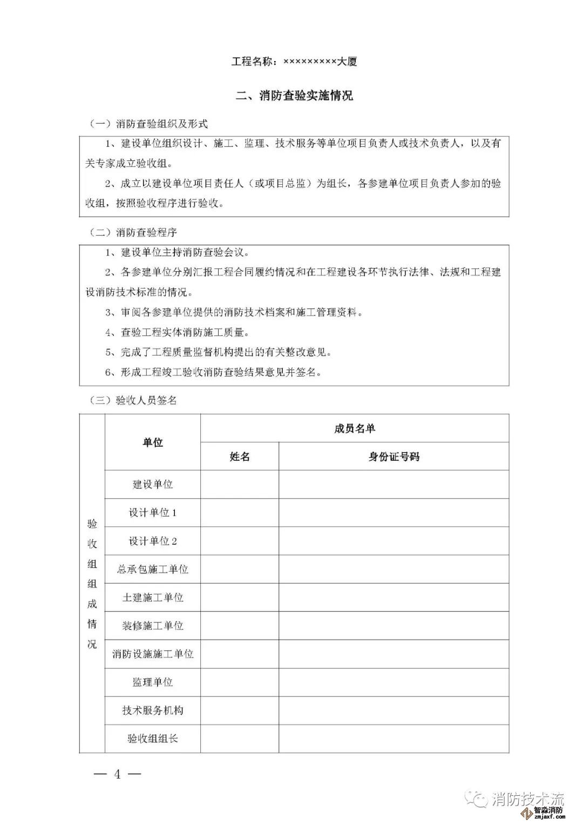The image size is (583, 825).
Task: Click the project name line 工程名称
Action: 294,62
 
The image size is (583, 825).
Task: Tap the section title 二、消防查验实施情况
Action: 295,96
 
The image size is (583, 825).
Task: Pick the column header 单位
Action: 153,442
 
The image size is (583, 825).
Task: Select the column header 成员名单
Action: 355,429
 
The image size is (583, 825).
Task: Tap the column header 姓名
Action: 240,457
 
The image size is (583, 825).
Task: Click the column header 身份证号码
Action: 394,457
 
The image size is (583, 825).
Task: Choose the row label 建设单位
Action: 153,485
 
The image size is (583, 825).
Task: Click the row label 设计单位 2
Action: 153,541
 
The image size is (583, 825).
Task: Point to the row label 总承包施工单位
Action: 153,569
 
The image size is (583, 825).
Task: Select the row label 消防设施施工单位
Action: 153,654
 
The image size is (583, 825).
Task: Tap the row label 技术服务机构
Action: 153,710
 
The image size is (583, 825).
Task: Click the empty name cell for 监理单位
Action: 240,682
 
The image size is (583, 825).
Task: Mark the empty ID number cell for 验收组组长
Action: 394,739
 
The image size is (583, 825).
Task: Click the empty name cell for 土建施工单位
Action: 240,598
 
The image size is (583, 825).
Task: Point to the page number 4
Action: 117,774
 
